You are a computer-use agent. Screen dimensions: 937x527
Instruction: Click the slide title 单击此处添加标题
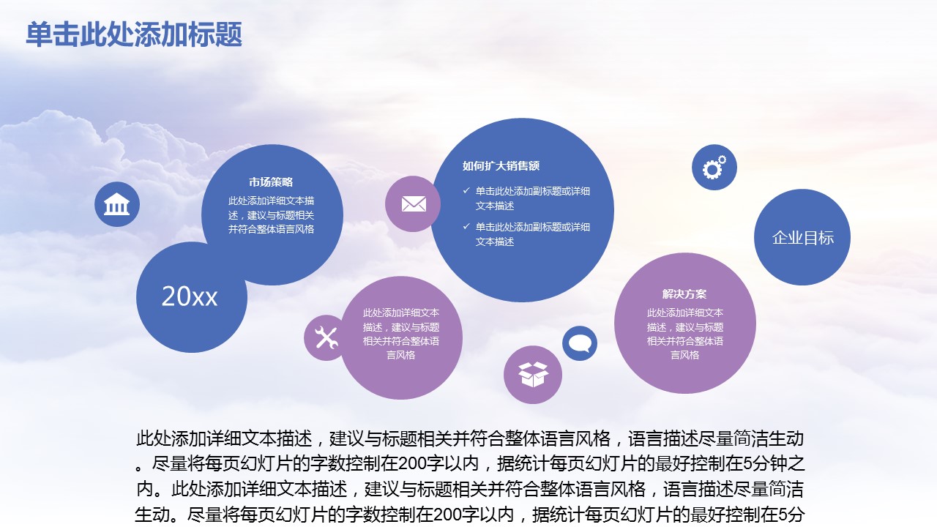coord(134,34)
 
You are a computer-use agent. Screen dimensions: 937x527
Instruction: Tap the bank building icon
coord(116,204)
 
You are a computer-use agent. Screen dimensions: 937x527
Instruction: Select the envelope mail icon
coord(414,204)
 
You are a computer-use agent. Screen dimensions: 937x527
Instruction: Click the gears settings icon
coord(714,168)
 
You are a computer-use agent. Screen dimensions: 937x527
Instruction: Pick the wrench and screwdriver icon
coord(326,337)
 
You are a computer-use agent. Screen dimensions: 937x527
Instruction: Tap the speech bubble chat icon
coord(580,344)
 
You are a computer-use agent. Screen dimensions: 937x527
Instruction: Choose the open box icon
coord(532,374)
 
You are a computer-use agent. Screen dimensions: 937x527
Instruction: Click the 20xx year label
coord(190,296)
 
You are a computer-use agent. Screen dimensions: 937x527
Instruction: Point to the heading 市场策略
coord(271,182)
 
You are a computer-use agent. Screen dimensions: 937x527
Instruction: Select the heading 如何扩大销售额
coord(501,166)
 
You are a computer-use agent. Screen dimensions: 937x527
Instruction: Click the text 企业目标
coord(803,238)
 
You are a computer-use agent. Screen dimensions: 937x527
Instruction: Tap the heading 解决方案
coord(684,294)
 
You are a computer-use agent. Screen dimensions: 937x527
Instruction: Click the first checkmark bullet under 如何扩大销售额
coord(466,191)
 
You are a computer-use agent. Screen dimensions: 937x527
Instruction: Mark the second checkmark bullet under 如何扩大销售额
coord(466,226)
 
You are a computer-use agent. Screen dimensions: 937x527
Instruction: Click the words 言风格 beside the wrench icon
coord(400,355)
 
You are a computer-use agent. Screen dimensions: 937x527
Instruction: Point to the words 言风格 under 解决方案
coord(684,355)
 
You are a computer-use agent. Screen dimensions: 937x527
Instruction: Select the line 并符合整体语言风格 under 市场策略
coord(271,229)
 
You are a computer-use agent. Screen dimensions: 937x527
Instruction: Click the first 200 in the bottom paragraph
coord(412,463)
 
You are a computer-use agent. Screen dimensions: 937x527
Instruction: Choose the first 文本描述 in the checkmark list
coord(495,206)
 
